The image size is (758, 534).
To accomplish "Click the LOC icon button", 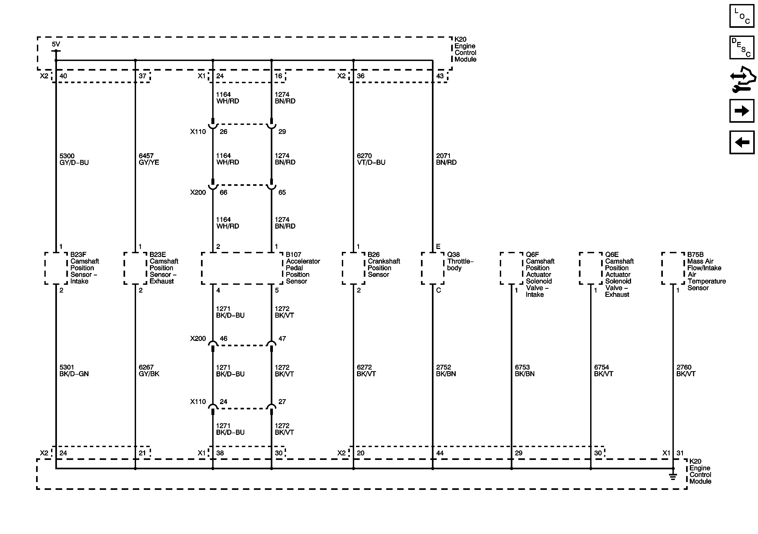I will pyautogui.click(x=741, y=16).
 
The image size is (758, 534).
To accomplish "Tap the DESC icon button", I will pyautogui.click(x=741, y=48).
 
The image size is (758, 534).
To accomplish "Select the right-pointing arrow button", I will pyautogui.click(x=741, y=111).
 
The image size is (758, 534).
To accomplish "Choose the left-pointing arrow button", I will pyautogui.click(x=741, y=142).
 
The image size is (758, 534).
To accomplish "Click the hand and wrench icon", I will pyautogui.click(x=742, y=79).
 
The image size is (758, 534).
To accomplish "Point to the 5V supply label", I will pyautogui.click(x=56, y=44).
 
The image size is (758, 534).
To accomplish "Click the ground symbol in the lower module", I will pyautogui.click(x=673, y=476).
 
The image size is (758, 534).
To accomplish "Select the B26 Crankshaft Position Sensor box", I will pyautogui.click(x=354, y=268).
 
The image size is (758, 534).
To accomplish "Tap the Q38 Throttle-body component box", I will pyautogui.click(x=432, y=268).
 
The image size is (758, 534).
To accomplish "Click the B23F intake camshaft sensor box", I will pyautogui.click(x=56, y=268).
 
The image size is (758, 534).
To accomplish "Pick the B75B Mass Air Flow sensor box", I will pyautogui.click(x=673, y=268).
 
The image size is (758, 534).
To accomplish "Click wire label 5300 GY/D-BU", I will pyautogui.click(x=74, y=159).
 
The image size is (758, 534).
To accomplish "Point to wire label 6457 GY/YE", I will pyautogui.click(x=149, y=159).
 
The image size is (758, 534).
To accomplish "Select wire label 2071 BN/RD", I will pyautogui.click(x=446, y=159).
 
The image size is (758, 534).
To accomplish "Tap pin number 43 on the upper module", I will pyautogui.click(x=440, y=76).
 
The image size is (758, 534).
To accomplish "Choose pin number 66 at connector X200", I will pyautogui.click(x=223, y=193).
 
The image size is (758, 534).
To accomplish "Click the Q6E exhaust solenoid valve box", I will pyautogui.click(x=591, y=268).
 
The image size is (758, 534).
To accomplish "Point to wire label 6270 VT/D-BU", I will pyautogui.click(x=371, y=159).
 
